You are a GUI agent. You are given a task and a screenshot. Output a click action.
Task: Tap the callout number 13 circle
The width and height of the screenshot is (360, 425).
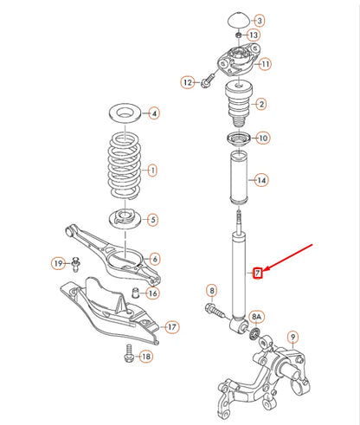253,35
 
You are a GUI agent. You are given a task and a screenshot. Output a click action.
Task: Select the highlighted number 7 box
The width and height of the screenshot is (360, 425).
257,274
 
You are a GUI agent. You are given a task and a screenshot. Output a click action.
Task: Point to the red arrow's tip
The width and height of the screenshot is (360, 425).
264,272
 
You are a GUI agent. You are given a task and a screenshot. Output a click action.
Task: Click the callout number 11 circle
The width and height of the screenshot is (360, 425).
264,64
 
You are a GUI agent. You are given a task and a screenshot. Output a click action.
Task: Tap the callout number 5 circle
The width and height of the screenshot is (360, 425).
153,220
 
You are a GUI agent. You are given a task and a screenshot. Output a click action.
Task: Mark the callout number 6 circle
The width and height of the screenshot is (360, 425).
154,259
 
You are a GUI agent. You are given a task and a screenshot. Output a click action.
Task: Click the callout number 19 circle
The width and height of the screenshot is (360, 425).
57,262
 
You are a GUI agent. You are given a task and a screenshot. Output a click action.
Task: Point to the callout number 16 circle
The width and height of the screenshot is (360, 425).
151,293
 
